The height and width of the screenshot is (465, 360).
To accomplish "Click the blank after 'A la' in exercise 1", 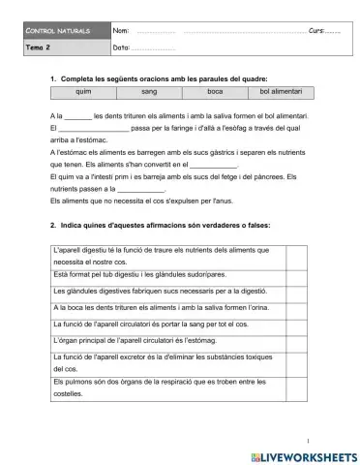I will [77, 115].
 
